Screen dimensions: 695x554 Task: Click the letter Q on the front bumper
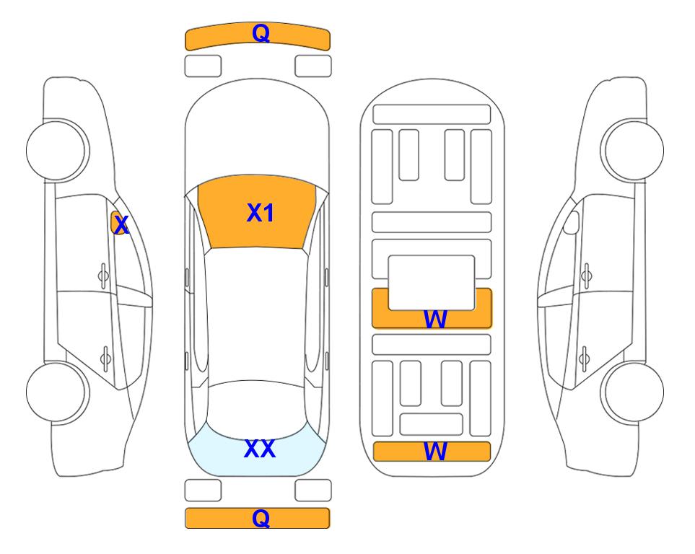click(261, 33)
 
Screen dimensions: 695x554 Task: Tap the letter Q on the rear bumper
click(261, 518)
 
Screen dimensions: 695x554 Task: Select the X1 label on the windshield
click(261, 213)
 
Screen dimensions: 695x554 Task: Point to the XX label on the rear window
click(260, 449)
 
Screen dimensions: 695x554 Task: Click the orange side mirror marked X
click(118, 223)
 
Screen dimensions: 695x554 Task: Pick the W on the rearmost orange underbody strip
click(434, 452)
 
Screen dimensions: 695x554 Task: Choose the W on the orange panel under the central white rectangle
click(434, 319)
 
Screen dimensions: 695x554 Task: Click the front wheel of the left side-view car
click(58, 150)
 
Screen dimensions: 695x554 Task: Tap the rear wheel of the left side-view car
click(58, 392)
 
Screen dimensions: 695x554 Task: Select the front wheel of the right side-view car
click(632, 150)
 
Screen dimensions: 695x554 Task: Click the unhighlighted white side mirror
click(572, 222)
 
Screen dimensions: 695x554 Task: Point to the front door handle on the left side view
click(103, 276)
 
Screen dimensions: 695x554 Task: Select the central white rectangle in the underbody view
click(432, 283)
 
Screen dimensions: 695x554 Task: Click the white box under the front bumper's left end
click(203, 66)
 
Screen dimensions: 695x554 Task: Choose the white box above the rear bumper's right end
click(313, 491)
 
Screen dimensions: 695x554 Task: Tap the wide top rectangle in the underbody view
click(432, 115)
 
